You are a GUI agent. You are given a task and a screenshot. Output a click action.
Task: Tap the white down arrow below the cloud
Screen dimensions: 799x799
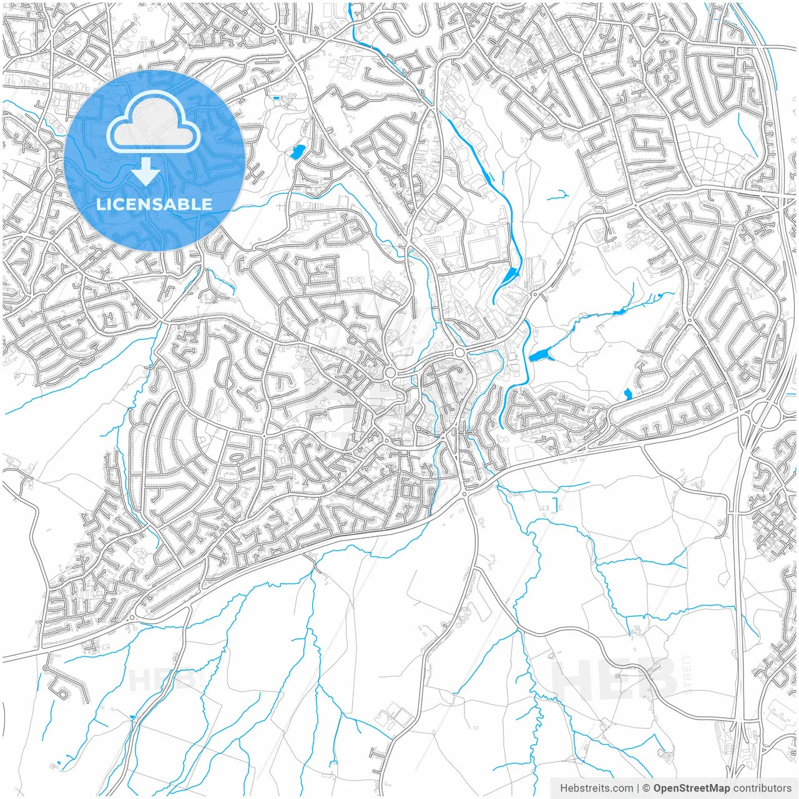[x=146, y=172]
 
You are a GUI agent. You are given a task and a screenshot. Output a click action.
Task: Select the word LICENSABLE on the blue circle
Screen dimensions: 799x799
[x=154, y=204]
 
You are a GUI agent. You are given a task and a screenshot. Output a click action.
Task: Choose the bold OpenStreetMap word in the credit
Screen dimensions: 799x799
[x=691, y=788]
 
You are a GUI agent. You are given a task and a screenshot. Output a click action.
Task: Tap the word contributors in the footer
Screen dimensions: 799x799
[x=762, y=788]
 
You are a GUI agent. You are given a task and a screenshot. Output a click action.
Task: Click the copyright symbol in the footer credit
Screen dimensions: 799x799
[x=647, y=788]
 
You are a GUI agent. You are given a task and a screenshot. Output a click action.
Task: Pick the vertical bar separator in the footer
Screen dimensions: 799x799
[x=639, y=788]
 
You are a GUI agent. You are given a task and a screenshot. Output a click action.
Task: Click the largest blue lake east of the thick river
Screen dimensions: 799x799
[x=538, y=356]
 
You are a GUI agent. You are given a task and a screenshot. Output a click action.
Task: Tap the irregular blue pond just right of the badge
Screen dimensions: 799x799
[x=298, y=151]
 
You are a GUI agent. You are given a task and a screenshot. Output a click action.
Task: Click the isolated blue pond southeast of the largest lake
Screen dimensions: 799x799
[x=627, y=393]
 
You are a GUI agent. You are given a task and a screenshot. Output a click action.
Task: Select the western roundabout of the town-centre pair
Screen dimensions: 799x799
[x=391, y=373]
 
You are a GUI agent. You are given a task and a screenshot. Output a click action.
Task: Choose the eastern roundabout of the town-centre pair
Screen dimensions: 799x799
[x=459, y=353]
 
